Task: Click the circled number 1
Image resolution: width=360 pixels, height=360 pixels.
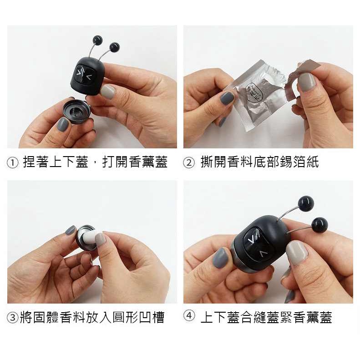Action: pos(13,162)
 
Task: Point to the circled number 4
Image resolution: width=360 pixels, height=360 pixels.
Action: pos(189,316)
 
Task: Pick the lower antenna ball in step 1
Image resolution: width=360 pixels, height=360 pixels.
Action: pos(114,46)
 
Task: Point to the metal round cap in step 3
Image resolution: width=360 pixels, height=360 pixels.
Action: pos(86,237)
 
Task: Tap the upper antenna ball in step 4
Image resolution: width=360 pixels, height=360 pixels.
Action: pos(305,203)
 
